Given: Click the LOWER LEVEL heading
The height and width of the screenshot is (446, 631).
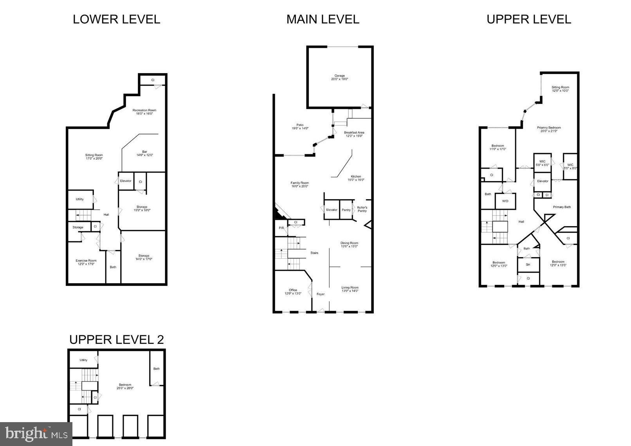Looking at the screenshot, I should coord(116,19).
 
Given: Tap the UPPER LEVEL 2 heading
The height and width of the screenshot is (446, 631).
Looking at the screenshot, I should coord(116,339).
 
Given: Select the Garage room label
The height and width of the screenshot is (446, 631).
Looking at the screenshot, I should coord(339,77).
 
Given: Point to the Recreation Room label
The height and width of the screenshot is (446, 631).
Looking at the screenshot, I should coord(144,112).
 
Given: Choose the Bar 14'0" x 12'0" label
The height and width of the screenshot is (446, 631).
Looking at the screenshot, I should coord(144,153).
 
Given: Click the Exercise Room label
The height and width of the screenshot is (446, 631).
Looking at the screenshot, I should coord(86,262).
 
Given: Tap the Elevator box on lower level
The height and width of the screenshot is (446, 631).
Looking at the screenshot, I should coord(126,181).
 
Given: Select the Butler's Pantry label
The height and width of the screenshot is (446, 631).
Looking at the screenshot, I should coord(362,209).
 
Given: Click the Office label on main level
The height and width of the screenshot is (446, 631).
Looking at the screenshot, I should coord(293,291).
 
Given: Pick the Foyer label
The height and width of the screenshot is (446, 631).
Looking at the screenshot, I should coord(321,294).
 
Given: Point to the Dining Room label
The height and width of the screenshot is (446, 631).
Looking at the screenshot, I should coord(349,245).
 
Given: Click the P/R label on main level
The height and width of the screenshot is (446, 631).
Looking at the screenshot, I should coord(281,228).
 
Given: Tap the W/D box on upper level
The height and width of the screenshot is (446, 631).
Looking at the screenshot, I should coord(505,201).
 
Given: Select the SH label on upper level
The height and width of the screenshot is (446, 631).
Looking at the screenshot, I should coord(528,265).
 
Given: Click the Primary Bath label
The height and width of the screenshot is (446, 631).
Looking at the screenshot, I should coord(562,207).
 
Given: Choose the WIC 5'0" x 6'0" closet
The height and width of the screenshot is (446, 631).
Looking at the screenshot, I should coord(542,163).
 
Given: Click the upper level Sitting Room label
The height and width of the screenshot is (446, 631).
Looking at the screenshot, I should coord(560,89).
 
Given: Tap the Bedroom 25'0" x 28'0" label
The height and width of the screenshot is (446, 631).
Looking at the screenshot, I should coord(125,386).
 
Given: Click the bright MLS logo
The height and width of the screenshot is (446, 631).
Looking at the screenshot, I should coord(36,434).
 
